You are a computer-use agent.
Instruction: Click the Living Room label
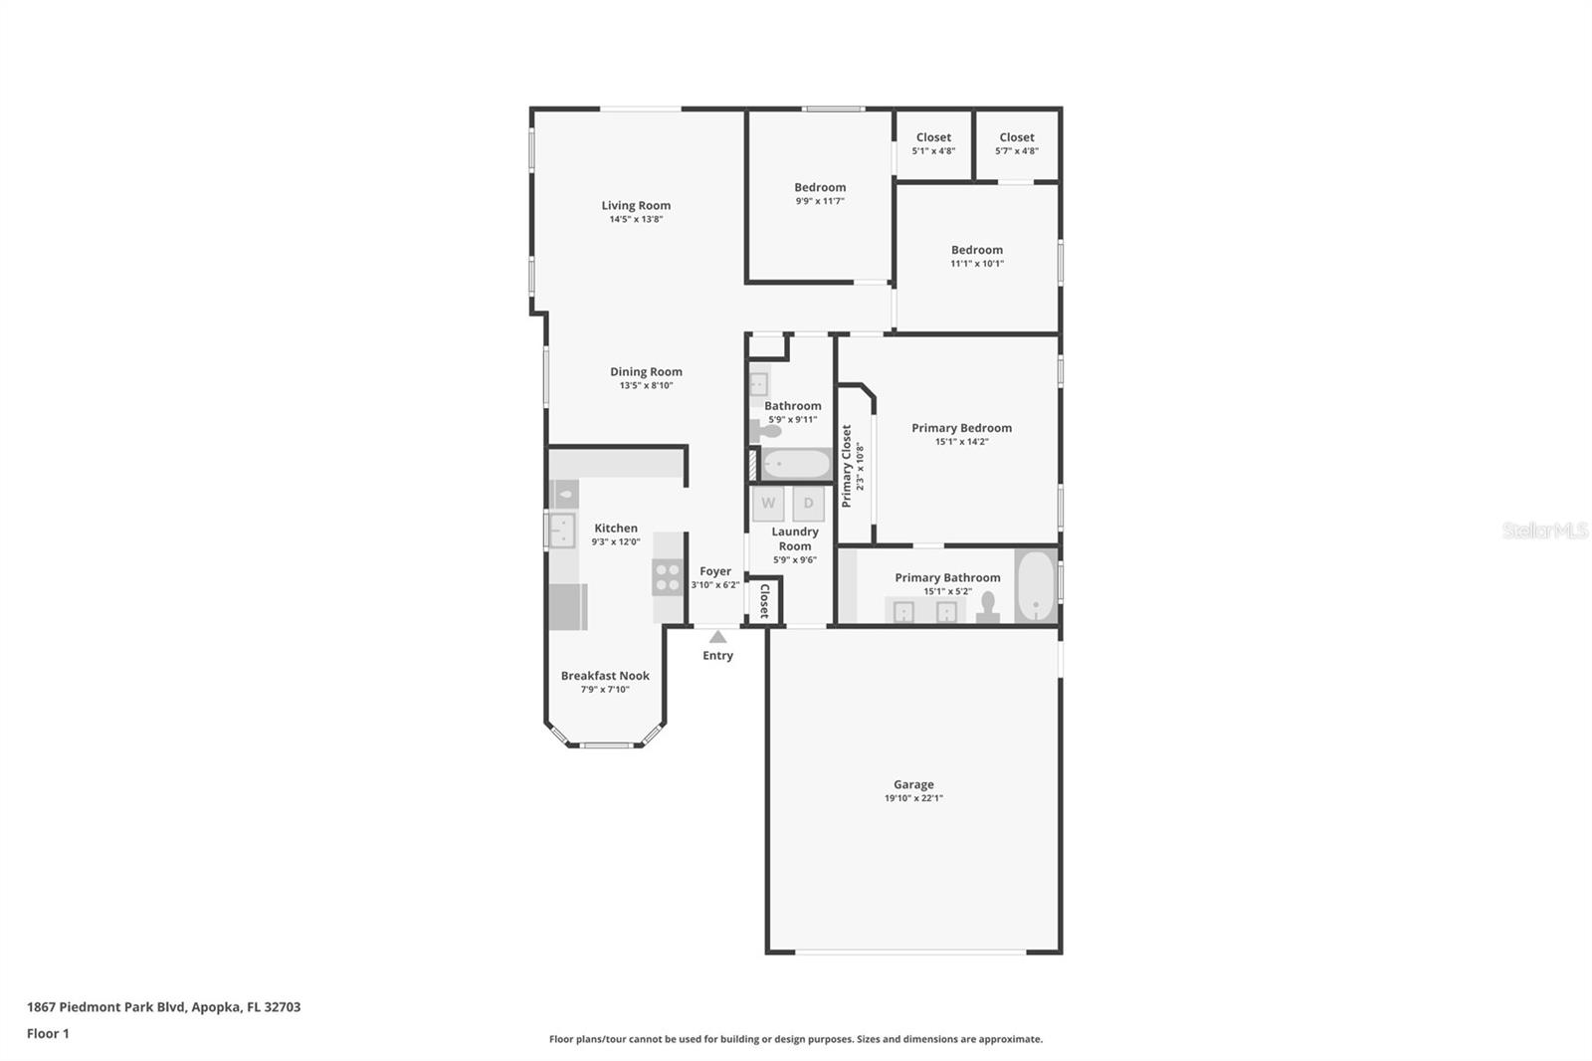(x=636, y=206)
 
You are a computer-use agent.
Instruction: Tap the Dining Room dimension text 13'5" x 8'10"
(x=646, y=386)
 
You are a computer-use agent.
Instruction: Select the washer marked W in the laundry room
(x=768, y=504)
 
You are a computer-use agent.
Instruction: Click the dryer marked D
(x=808, y=504)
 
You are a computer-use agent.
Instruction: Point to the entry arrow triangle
(x=717, y=637)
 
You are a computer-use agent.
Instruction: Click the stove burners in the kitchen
(x=667, y=577)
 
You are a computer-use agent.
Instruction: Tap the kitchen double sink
(x=562, y=530)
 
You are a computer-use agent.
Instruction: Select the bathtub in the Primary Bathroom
(x=1036, y=585)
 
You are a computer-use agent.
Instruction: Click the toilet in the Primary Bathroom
(x=988, y=607)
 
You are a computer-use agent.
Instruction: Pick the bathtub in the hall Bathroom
(x=796, y=465)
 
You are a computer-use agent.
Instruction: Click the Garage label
(x=913, y=784)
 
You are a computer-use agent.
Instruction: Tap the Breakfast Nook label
(x=605, y=676)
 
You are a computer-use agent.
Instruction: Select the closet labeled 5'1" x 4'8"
(x=933, y=144)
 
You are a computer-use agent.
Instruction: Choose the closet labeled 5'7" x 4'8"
(x=1017, y=144)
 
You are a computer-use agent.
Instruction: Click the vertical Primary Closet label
(x=847, y=466)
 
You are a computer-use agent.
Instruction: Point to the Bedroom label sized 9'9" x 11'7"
(x=820, y=187)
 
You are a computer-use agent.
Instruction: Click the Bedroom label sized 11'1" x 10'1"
(x=976, y=250)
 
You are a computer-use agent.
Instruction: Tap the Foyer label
(x=715, y=571)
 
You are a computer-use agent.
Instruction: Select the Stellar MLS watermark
(x=1544, y=530)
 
